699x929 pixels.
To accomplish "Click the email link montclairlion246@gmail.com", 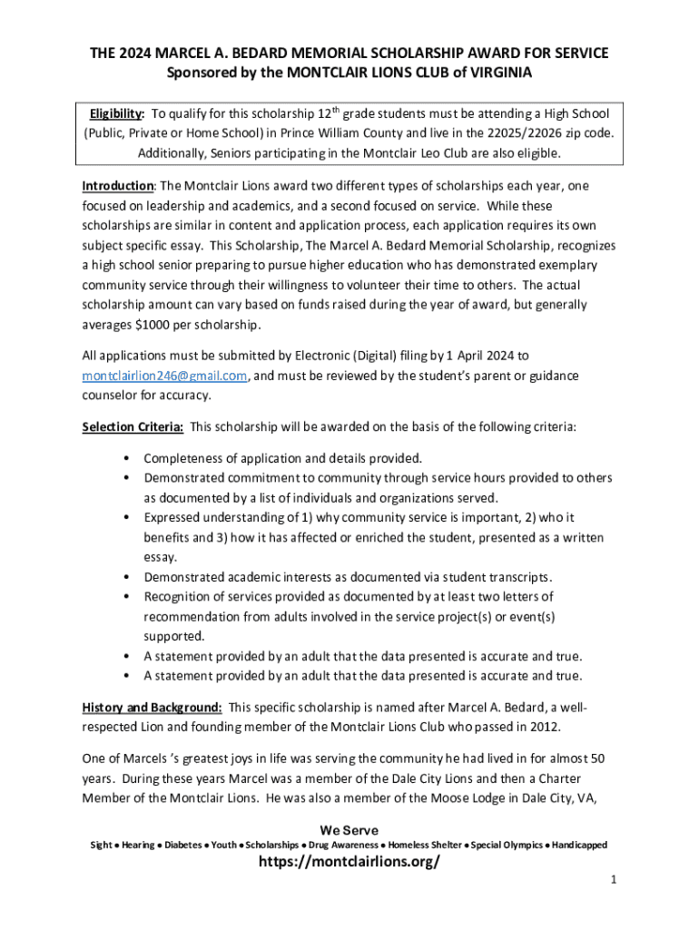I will pyautogui.click(x=164, y=376).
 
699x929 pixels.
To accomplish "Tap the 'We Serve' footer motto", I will pyautogui.click(x=349, y=830).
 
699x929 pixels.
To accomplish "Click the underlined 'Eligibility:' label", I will pyautogui.click(x=116, y=114).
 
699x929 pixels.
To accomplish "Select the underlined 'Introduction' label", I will pyautogui.click(x=118, y=186).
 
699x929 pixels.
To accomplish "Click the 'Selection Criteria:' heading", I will pyautogui.click(x=133, y=426).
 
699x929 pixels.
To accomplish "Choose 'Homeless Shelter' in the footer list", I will pyautogui.click(x=426, y=846).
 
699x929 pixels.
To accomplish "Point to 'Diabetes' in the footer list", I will pyautogui.click(x=184, y=846).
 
